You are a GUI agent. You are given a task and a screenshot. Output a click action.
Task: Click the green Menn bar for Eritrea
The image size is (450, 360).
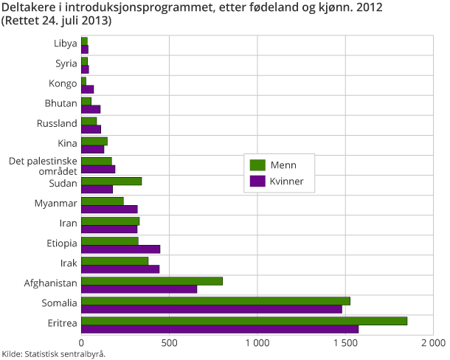pyautogui.click(x=243, y=320)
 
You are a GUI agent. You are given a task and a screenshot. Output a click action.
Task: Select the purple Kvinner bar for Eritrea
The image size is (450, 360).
pyautogui.click(x=219, y=328)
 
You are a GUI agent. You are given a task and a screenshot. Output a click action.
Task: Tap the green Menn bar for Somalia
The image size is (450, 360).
pyautogui.click(x=215, y=300)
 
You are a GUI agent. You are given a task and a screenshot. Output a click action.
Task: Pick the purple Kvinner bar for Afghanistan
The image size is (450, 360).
pyautogui.click(x=139, y=288)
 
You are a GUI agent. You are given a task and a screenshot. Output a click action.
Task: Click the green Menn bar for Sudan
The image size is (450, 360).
pyautogui.click(x=111, y=181)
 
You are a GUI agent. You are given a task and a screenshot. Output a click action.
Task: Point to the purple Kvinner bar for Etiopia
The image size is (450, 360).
pyautogui.click(x=120, y=249)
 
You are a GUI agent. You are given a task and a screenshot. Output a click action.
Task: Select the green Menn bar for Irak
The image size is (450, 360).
pyautogui.click(x=114, y=260)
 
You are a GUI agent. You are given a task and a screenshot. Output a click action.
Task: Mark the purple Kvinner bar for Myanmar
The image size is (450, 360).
pyautogui.click(x=109, y=209)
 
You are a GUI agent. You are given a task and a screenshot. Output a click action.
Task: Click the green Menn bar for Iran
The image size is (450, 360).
pyautogui.click(x=110, y=221)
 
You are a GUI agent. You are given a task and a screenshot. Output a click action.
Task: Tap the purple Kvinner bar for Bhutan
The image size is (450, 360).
pyautogui.click(x=91, y=108)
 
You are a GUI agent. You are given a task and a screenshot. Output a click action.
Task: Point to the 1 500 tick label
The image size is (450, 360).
pyautogui.click(x=345, y=343)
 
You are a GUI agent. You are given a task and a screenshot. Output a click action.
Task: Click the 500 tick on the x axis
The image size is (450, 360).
pyautogui.click(x=170, y=343)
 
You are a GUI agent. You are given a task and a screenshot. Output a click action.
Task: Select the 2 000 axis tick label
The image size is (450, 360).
pyautogui.click(x=433, y=343)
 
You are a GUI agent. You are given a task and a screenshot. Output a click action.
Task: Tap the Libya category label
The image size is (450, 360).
pyautogui.click(x=66, y=44)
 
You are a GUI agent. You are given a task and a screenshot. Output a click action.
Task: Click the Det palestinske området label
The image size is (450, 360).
pyautogui.click(x=43, y=165)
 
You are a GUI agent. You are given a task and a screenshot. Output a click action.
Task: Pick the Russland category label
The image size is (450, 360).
pyautogui.click(x=58, y=123)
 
